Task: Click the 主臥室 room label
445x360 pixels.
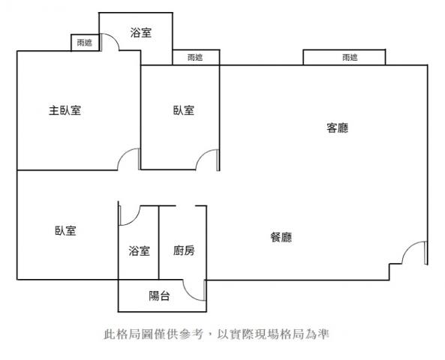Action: [x=65, y=110]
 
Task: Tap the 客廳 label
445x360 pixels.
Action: [x=337, y=128]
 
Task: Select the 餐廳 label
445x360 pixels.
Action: [x=281, y=237]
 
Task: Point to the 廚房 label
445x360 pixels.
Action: [x=184, y=250]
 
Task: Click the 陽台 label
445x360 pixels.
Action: [x=159, y=296]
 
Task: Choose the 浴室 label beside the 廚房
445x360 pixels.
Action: [x=139, y=250]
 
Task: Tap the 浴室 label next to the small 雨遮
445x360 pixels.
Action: [x=141, y=32]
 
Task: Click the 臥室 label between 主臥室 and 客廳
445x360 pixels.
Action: [x=184, y=110]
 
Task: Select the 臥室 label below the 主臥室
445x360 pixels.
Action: [x=65, y=230]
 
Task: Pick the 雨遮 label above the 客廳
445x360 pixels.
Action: [x=350, y=58]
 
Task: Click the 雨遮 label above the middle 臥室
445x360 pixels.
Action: [x=195, y=58]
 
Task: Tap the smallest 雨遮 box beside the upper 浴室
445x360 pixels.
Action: [x=85, y=43]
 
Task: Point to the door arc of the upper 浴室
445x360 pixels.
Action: [x=114, y=38]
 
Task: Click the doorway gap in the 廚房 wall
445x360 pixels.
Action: [x=185, y=206]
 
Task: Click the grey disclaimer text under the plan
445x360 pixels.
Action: [x=216, y=334]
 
